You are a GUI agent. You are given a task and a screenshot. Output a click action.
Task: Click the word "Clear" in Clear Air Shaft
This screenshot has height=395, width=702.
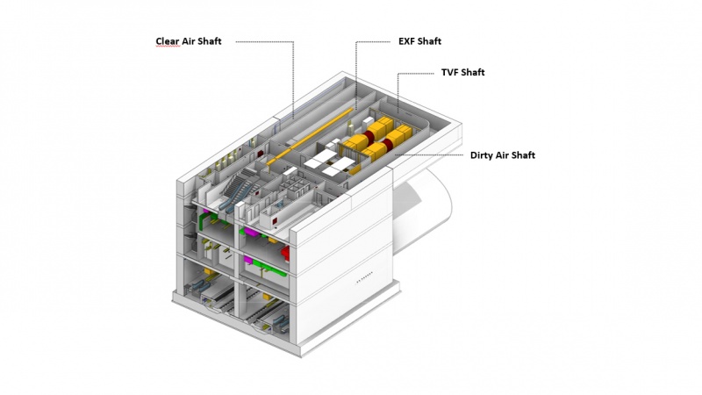click(168, 41)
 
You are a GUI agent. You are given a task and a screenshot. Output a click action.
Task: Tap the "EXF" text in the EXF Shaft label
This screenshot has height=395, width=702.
click(406, 41)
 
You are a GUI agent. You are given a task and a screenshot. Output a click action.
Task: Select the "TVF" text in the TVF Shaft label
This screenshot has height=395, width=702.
click(449, 72)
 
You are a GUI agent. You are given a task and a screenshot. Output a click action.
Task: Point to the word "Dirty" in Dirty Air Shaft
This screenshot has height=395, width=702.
click(482, 155)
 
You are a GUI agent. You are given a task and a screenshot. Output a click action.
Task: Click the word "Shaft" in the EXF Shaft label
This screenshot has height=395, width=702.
click(429, 41)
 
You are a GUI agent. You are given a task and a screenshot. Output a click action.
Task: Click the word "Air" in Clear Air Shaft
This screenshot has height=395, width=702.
click(189, 41)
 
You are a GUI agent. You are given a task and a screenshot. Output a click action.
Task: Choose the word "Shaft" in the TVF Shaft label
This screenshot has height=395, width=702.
click(473, 72)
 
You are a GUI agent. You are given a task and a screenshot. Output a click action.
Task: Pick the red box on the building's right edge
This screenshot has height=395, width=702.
click(285, 254)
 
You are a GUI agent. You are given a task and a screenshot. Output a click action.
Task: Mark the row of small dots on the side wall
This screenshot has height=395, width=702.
click(364, 277)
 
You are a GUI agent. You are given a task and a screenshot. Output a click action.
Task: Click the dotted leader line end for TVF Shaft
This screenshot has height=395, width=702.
click(398, 108)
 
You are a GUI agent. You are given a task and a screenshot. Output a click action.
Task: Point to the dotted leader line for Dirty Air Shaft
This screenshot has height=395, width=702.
click(428, 155)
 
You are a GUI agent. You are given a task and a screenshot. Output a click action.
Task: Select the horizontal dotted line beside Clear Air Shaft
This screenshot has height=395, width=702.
click(265, 42)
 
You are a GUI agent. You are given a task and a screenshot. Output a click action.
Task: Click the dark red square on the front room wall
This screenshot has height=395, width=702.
click(275, 221)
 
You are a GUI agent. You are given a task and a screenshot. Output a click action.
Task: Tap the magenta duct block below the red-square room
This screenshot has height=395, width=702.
click(250, 232)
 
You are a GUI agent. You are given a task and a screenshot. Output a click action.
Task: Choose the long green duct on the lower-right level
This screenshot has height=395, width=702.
click(268, 269)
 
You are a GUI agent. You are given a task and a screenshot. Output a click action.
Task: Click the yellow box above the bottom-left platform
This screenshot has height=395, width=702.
click(207, 271)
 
